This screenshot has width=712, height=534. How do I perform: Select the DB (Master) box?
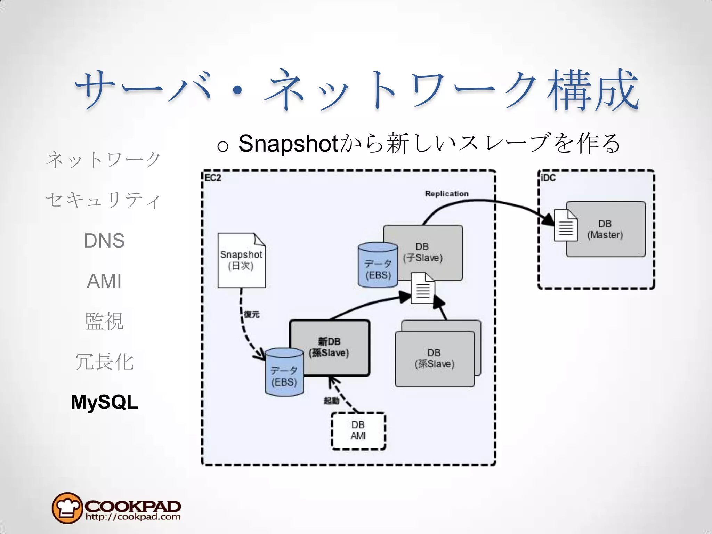(612, 229)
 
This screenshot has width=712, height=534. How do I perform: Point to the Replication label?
(447, 194)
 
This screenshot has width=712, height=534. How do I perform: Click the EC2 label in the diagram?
(213, 178)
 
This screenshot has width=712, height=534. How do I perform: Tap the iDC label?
(548, 178)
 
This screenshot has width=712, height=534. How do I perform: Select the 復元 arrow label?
(252, 315)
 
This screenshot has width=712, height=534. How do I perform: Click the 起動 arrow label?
(331, 401)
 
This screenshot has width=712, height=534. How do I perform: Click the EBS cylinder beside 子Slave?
(378, 266)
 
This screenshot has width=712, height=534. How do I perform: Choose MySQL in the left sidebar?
(104, 402)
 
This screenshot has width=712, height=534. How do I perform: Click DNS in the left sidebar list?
(104, 241)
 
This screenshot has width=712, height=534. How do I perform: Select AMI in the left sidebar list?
(104, 281)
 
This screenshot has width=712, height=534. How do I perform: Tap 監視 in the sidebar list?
(104, 321)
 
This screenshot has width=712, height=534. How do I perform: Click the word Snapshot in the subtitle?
(288, 143)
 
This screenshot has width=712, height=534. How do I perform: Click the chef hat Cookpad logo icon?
(67, 508)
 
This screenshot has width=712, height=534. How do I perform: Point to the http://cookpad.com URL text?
(133, 517)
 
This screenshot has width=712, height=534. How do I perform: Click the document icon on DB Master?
(565, 225)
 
